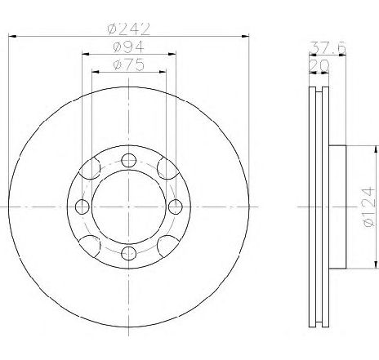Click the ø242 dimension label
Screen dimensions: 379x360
point(129,29)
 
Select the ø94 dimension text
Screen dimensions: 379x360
point(128,47)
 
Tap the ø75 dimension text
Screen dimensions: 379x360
point(129,64)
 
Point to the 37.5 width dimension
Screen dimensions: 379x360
point(328,48)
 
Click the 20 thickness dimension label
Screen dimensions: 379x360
point(319,65)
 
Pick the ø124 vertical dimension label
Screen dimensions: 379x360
point(368,207)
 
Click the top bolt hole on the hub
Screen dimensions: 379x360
point(128,160)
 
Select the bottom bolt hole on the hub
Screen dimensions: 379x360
point(128,253)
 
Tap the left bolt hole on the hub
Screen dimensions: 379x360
point(82,207)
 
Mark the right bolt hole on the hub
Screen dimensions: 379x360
point(176,207)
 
